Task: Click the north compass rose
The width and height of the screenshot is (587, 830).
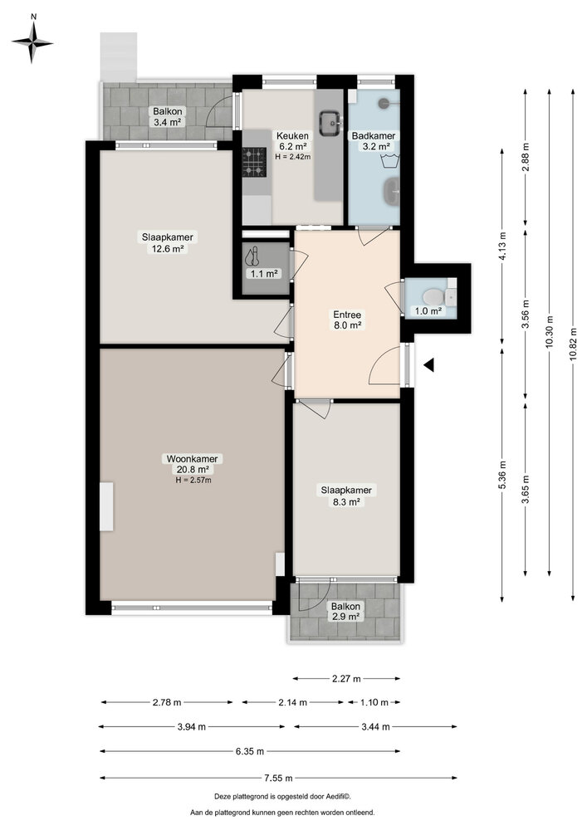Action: click(x=32, y=39)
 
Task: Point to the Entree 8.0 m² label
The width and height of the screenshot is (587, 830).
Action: click(x=347, y=320)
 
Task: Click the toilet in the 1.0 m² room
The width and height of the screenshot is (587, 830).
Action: click(x=429, y=296)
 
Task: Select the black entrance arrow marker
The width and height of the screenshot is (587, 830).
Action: click(x=429, y=364)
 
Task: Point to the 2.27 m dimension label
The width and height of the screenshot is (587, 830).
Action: click(x=346, y=678)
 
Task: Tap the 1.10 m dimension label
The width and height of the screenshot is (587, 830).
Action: click(x=374, y=702)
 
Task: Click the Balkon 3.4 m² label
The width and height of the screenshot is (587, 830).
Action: click(x=167, y=117)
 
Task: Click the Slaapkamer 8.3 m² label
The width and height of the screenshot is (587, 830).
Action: click(x=346, y=496)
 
